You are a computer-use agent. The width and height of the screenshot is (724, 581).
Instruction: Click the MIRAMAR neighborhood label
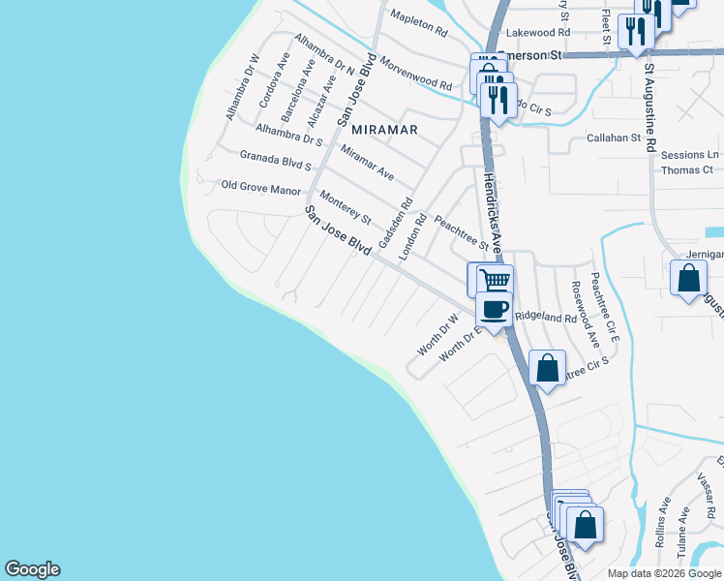pos(384,129)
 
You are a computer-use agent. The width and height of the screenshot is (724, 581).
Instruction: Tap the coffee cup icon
pos(494,310)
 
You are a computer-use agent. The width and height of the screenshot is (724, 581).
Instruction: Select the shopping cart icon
pos(495,281)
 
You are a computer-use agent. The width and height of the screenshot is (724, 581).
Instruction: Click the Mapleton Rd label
pos(418,23)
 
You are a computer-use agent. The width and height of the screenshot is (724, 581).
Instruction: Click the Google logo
pos(32,569)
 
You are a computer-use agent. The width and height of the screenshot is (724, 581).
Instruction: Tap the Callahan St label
pos(615,138)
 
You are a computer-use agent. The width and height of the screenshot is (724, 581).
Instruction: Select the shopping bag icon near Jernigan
pos(687,279)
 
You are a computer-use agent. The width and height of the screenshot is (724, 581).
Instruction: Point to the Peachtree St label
pos(461,233)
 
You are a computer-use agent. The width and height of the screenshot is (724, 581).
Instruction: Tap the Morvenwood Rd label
pos(415,74)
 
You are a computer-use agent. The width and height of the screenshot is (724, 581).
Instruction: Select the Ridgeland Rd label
pos(545,317)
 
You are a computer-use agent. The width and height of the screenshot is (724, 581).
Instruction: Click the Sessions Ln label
pos(690,155)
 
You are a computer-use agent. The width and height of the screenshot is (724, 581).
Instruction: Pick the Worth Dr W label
pos(437,332)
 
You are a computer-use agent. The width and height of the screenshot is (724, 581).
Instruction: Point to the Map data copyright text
pos(664,573)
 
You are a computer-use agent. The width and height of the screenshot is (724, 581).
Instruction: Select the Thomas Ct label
pos(687,170)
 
